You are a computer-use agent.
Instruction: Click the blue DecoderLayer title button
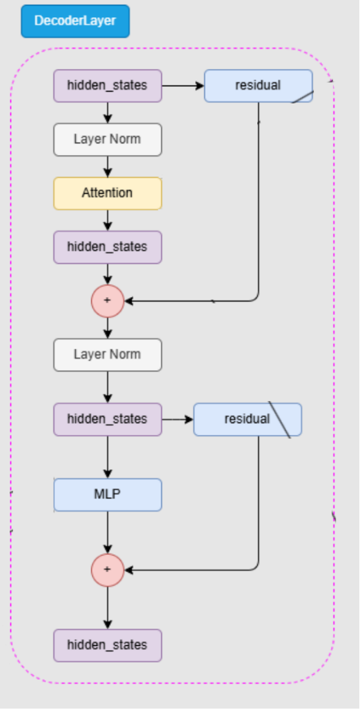pyautogui.click(x=75, y=21)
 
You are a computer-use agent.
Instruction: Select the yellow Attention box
pyautogui.click(x=108, y=193)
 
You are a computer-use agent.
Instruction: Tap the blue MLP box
pyautogui.click(x=108, y=495)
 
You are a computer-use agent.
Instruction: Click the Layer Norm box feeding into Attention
pyautogui.click(x=108, y=139)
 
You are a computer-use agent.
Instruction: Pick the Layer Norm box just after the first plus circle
pyautogui.click(x=108, y=355)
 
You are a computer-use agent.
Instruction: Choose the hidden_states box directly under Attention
pyautogui.click(x=108, y=247)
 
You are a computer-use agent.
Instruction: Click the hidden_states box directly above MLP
pyautogui.click(x=108, y=420)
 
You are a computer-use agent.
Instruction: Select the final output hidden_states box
pyautogui.click(x=108, y=646)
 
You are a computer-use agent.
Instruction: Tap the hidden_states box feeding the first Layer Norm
pyautogui.click(x=108, y=86)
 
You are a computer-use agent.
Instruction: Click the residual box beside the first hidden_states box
pyautogui.click(x=259, y=86)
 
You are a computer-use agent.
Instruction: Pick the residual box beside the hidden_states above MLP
pyautogui.click(x=248, y=420)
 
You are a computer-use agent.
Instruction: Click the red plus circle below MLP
pyautogui.click(x=108, y=570)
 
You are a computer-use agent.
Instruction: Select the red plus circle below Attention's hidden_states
pyautogui.click(x=108, y=301)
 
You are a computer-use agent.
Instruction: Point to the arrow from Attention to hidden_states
pyautogui.click(x=108, y=221)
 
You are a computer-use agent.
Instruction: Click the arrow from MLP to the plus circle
pyautogui.click(x=108, y=532)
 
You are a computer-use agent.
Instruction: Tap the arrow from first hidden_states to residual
pyautogui.click(x=183, y=85)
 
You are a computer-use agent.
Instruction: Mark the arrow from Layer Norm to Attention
pyautogui.click(x=108, y=167)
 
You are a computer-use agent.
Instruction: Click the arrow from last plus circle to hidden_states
pyautogui.click(x=108, y=608)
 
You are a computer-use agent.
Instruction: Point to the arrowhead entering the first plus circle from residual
pyautogui.click(x=128, y=301)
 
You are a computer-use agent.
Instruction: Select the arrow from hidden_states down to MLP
pyautogui.click(x=108, y=457)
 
